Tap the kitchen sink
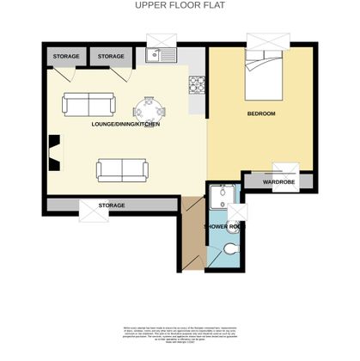point(161,57)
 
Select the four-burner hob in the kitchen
point(195,84)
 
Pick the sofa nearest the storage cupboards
point(87,105)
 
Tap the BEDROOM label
point(261,114)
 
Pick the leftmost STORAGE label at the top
point(66,57)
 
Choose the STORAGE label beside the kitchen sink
point(111,57)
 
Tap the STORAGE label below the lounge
point(112,205)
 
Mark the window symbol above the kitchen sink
point(161,40)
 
